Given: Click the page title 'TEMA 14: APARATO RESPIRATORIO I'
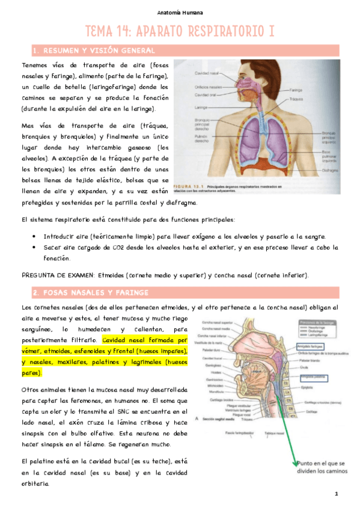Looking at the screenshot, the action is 180,31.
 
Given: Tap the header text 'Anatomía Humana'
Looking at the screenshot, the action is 180,12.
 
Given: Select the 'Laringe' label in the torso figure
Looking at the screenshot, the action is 201,109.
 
